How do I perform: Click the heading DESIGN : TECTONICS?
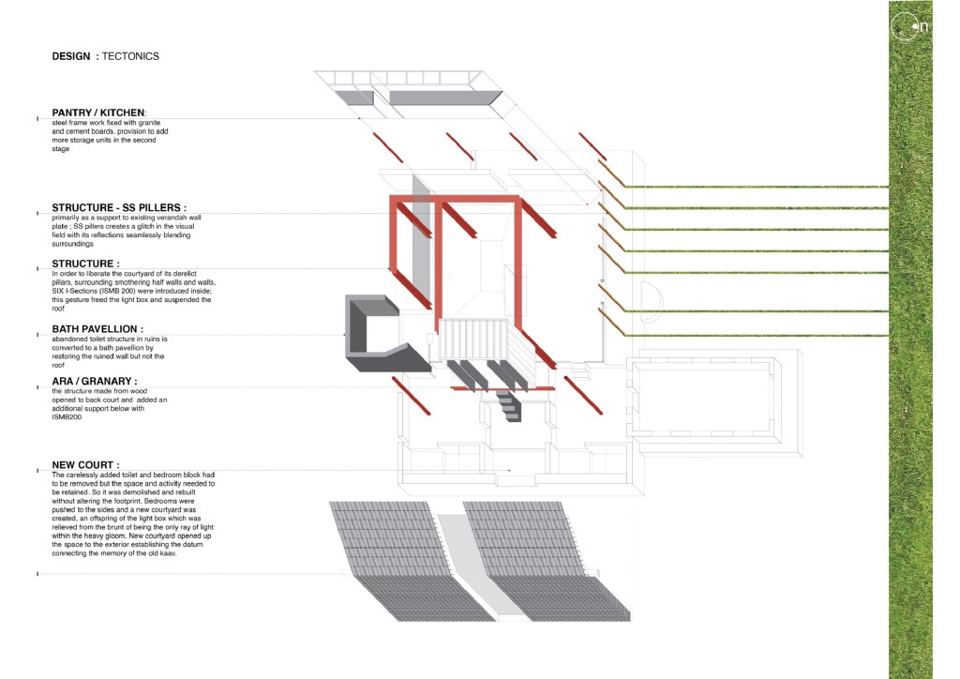pyautogui.click(x=106, y=56)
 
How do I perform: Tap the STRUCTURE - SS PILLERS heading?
pyautogui.click(x=118, y=206)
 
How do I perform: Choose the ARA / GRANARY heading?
pyautogui.click(x=95, y=381)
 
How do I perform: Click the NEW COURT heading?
pyautogui.click(x=85, y=465)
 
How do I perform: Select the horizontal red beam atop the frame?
pyautogui.click(x=455, y=199)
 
